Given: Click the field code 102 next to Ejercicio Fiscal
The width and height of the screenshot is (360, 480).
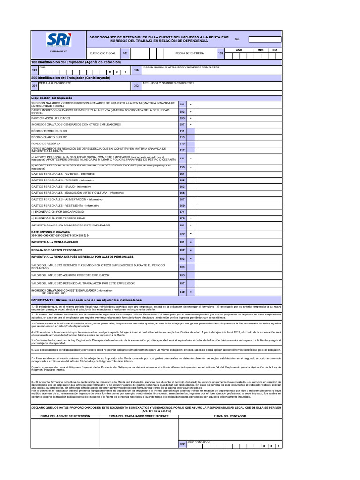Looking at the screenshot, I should (125, 54).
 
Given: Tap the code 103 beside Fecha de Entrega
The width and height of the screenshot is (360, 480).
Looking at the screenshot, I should (221, 54).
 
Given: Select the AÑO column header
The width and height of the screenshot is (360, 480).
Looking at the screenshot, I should (239, 50).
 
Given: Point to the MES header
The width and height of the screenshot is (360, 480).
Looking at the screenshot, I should (261, 50).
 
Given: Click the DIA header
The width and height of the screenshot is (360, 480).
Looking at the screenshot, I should (275, 50).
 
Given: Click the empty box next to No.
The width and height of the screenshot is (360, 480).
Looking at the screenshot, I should (265, 39).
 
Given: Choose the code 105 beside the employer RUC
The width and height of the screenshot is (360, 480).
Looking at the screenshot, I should (34, 70).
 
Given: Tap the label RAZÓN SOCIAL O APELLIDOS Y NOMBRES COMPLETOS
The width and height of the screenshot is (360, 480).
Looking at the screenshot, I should (181, 67).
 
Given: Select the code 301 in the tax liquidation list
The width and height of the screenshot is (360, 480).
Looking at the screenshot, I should (182, 105).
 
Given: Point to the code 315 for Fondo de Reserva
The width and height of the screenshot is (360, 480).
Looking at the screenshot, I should (182, 143).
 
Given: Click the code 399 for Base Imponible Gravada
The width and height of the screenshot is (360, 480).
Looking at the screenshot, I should (182, 233).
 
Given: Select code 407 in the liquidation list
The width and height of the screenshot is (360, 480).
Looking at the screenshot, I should (182, 283).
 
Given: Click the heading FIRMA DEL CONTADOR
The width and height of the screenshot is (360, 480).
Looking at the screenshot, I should (230, 416).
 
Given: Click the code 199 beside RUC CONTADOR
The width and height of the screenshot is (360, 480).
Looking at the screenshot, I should (182, 443).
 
